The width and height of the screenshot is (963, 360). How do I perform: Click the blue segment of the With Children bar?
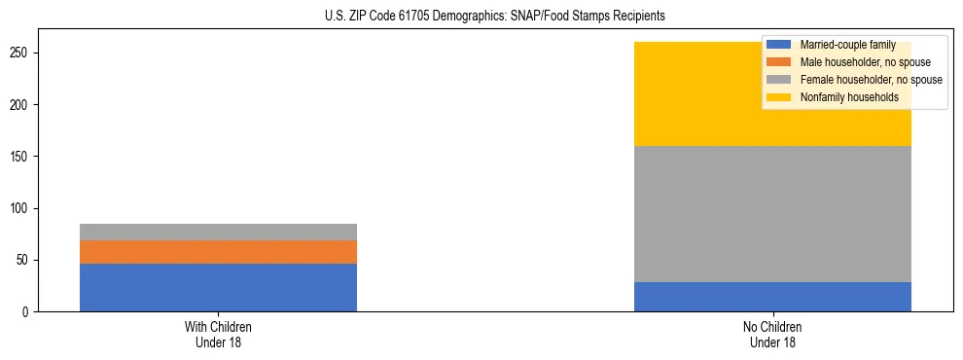218,287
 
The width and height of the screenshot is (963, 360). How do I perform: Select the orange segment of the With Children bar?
218,252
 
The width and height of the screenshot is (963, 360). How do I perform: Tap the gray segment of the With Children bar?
218,232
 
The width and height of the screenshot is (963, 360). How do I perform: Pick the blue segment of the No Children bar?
772,297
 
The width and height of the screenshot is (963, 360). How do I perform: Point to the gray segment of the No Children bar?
772,214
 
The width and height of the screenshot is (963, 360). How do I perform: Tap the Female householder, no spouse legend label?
871,80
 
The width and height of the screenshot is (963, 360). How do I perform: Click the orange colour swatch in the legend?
779,62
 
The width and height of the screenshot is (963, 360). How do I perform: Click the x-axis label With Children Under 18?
218,335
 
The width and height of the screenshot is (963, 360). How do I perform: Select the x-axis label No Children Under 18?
772,335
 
